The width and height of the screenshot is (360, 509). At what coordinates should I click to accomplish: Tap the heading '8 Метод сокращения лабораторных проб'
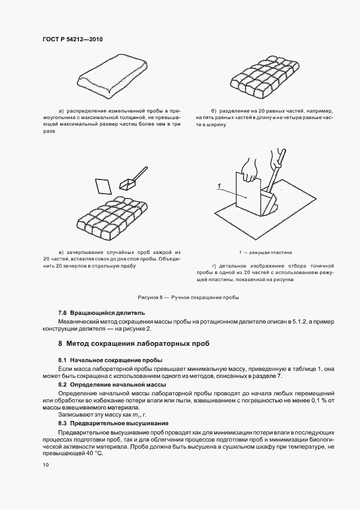pos(134,344)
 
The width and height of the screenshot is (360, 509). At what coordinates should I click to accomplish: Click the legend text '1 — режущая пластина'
pos(265,252)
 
